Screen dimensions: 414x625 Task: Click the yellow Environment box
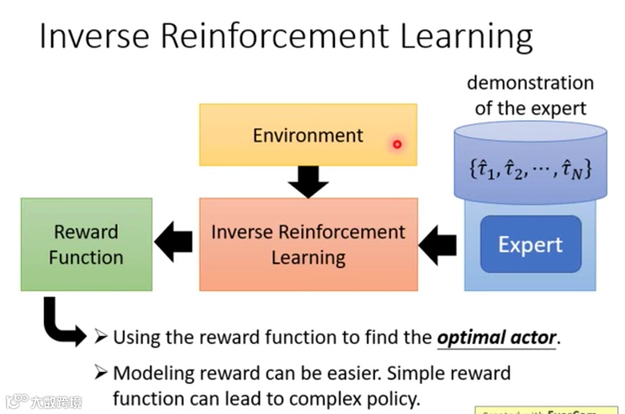click(x=308, y=135)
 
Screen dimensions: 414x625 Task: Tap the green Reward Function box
click(x=86, y=245)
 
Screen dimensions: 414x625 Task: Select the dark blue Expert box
click(x=530, y=245)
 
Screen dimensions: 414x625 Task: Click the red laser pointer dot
click(x=397, y=145)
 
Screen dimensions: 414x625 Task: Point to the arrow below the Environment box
click(x=308, y=182)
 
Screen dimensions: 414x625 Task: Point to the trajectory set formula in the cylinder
click(x=531, y=171)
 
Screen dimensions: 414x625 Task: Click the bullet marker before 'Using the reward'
click(x=101, y=337)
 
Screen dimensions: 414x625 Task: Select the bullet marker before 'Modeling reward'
click(x=101, y=373)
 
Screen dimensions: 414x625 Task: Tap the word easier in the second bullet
click(x=343, y=373)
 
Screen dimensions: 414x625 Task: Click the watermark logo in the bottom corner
click(x=44, y=400)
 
